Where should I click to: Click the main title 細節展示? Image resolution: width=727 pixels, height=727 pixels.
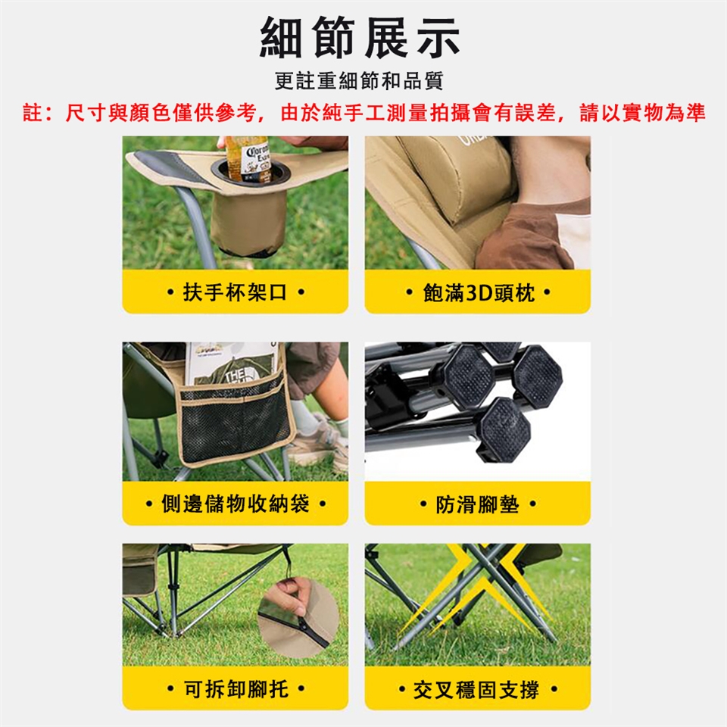tap(360, 37)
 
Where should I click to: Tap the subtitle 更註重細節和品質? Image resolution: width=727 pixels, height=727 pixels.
tap(359, 81)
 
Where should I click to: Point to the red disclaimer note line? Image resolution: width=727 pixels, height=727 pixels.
tap(364, 113)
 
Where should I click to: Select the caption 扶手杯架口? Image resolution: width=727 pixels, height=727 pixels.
tap(235, 292)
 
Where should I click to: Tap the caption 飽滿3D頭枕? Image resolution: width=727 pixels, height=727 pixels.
tap(479, 292)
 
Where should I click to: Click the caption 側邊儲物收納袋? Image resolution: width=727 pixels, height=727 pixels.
tap(235, 504)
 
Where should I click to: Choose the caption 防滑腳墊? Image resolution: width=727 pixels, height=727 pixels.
tap(478, 504)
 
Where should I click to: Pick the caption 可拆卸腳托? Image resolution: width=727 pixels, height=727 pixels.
tap(236, 689)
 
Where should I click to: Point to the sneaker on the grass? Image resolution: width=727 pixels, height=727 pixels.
tap(319, 445)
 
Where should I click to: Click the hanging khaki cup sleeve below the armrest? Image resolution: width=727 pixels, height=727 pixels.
tap(248, 223)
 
